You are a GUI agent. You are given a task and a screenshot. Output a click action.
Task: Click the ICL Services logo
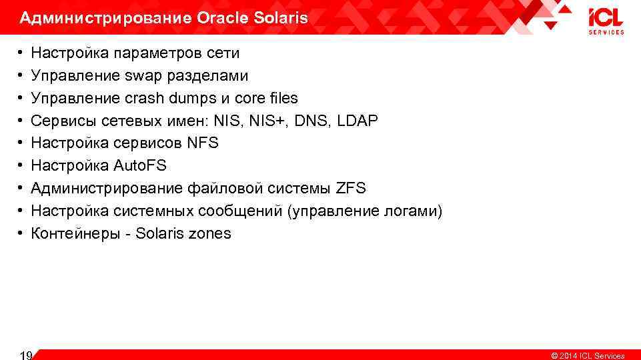tap(606, 21)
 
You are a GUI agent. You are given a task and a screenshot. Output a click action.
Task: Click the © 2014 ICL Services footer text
tap(588, 356)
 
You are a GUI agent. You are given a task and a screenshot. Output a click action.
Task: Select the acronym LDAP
tap(358, 121)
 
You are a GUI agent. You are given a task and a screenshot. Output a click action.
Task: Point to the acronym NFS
tap(203, 143)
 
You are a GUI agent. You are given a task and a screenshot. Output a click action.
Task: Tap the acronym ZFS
tap(351, 189)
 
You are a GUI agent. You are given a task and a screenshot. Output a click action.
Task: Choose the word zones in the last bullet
tap(209, 234)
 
